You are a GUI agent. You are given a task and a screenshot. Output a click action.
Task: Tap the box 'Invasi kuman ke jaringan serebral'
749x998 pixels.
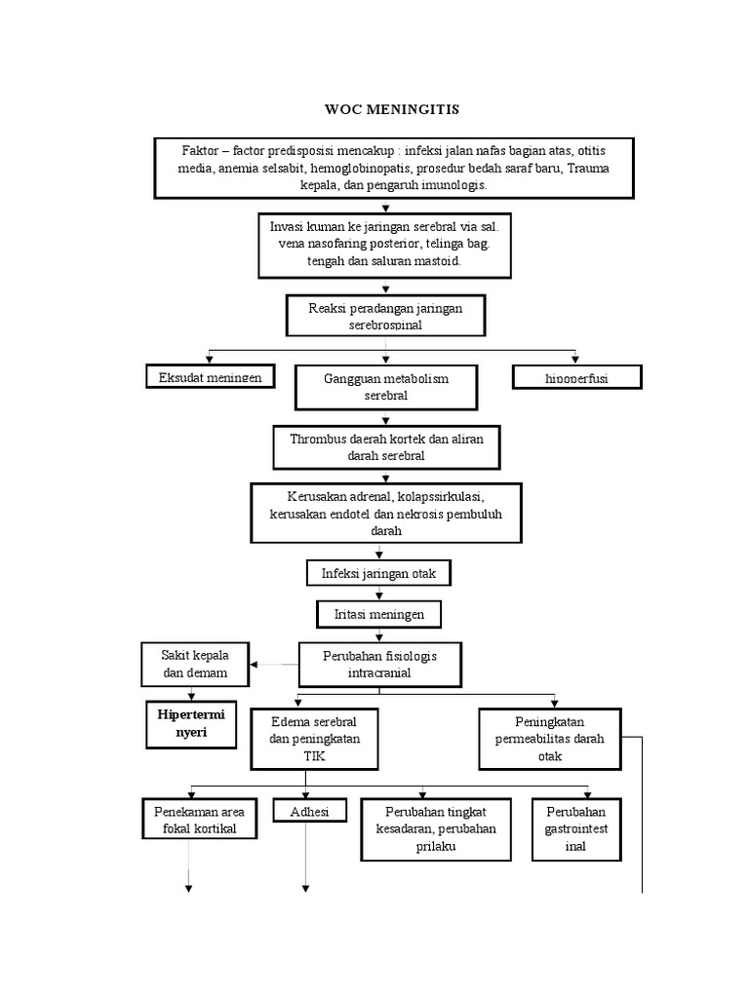385,245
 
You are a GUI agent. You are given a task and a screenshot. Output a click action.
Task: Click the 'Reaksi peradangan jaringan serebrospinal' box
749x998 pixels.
384,316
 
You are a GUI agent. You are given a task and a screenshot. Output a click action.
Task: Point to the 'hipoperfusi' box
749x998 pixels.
576,377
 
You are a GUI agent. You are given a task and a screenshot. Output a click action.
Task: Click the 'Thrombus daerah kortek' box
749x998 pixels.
385,447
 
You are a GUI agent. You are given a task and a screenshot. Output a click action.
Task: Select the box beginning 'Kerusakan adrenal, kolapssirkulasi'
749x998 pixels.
386,513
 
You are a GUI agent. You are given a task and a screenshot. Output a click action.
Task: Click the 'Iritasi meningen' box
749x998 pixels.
378,615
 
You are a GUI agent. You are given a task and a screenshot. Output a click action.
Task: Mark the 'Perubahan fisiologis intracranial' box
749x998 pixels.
379,665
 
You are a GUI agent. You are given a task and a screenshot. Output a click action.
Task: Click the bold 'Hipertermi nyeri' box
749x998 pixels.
191,724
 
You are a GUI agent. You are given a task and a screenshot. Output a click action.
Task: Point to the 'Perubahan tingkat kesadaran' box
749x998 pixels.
435,828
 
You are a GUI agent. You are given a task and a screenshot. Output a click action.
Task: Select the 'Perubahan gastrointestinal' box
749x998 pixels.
576,828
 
